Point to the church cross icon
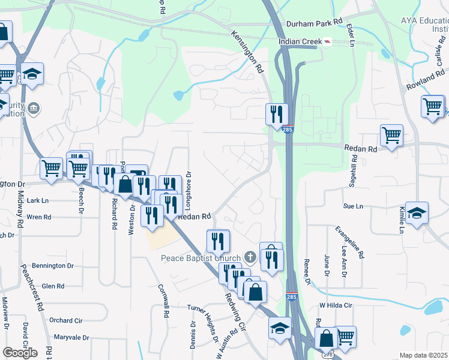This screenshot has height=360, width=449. tap(251, 258)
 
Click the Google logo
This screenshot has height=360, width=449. tap(20, 352)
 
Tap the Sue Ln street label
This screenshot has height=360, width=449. tap(353, 206)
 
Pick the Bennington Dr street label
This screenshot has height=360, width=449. tap(52, 265)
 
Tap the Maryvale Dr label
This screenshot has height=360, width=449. tap(71, 337)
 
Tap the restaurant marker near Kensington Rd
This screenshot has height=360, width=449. tap(277, 114)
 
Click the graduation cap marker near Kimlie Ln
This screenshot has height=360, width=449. tap(417, 213)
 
